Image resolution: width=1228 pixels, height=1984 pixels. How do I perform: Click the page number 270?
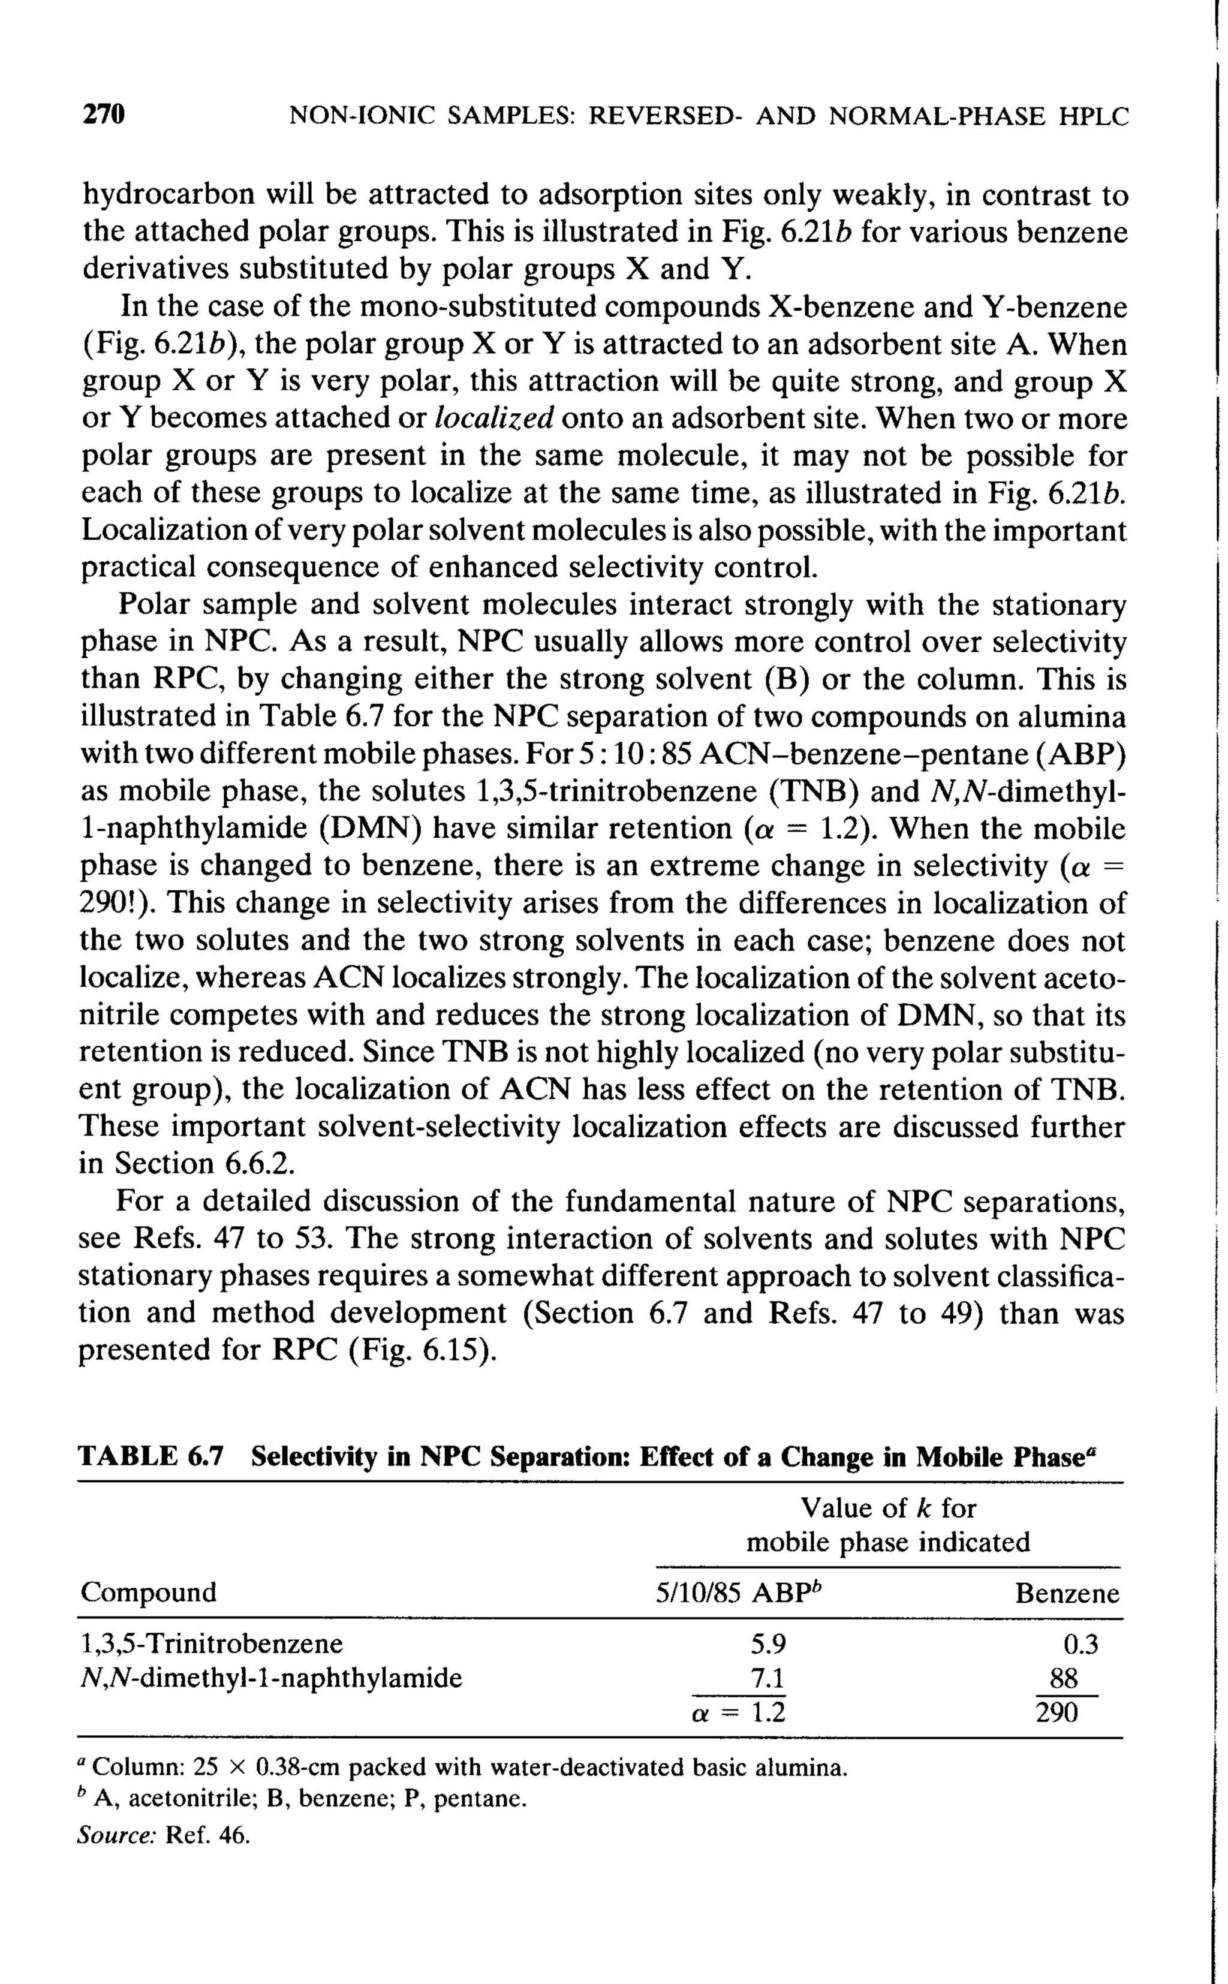click(x=104, y=115)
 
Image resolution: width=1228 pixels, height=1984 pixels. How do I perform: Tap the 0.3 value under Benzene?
click(x=1080, y=1645)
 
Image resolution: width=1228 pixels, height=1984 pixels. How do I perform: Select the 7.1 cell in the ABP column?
click(x=767, y=1678)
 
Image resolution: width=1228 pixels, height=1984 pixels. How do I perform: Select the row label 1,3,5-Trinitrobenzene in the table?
click(x=212, y=1643)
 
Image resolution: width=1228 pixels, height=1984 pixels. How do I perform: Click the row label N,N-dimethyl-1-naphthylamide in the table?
click(x=270, y=1678)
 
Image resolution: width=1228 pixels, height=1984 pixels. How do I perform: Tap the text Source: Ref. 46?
click(x=163, y=1835)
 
